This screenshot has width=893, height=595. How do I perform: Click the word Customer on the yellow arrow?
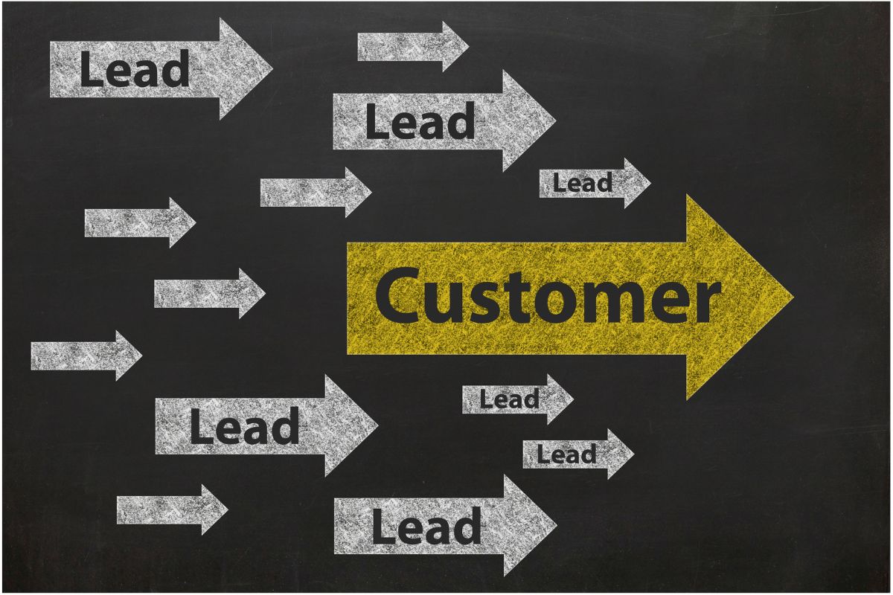tap(548, 295)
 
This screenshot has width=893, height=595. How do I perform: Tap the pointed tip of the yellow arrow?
tap(794, 297)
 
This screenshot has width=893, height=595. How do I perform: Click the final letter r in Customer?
tap(708, 302)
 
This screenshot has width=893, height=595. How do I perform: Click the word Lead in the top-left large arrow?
tap(135, 68)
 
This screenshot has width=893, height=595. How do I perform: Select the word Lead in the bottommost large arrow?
tap(426, 526)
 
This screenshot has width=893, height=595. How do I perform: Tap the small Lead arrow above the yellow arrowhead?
tap(595, 183)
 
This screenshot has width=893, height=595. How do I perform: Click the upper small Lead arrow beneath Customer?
tap(517, 399)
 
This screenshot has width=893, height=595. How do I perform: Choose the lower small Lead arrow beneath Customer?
tap(578, 454)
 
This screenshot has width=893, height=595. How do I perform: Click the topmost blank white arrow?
tap(413, 47)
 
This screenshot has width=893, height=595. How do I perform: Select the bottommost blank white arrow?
tap(172, 509)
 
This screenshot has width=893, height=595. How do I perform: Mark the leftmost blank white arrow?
tap(86, 356)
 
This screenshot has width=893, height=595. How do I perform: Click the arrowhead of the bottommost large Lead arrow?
tap(530, 526)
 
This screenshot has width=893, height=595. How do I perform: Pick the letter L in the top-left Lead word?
tap(90, 68)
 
